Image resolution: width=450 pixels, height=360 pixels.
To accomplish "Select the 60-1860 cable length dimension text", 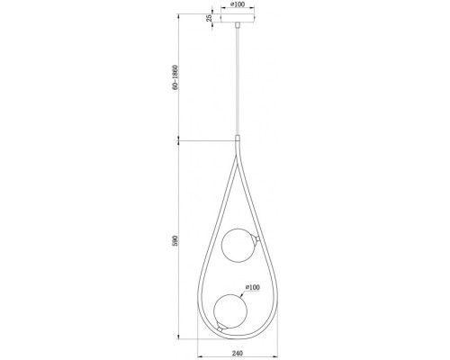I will point(183,80).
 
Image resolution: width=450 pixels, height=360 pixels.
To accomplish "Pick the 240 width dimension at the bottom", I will point(238,354).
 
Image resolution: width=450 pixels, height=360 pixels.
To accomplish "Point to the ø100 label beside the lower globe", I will point(253,287).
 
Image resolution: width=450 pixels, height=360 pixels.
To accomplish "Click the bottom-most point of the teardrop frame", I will point(237,343).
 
